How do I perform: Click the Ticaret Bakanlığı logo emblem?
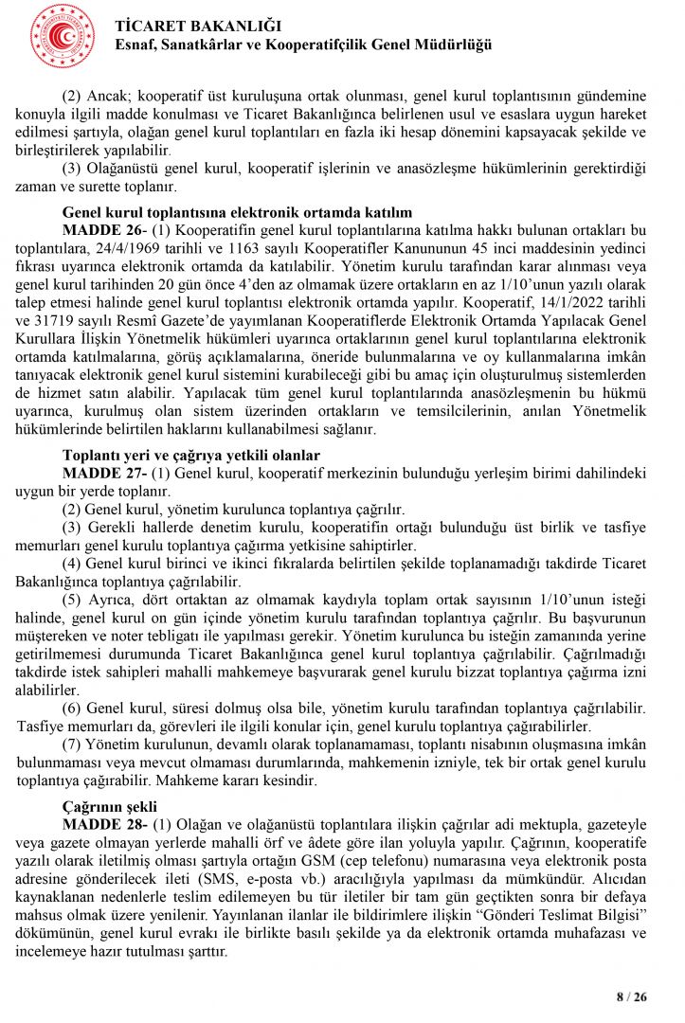point(63,35)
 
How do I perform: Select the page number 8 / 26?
point(632,996)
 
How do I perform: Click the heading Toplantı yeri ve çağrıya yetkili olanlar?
point(190,455)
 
